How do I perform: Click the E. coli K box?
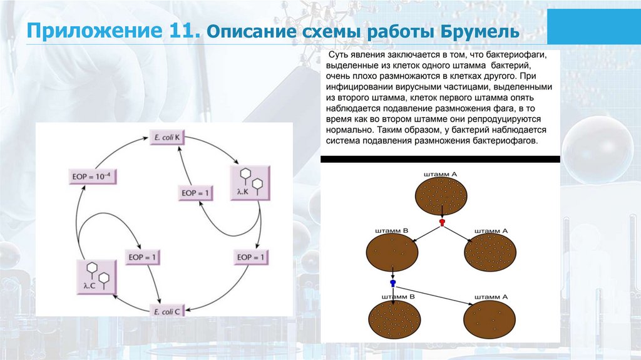pos(167,137)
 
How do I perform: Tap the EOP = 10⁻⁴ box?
pos(93,177)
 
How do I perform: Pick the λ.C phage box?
pos(96,275)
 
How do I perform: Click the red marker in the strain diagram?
pos(442,222)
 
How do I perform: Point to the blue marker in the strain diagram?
pos(392,283)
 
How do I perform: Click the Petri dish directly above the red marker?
pos(441,195)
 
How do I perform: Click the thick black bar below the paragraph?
pos(440,159)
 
